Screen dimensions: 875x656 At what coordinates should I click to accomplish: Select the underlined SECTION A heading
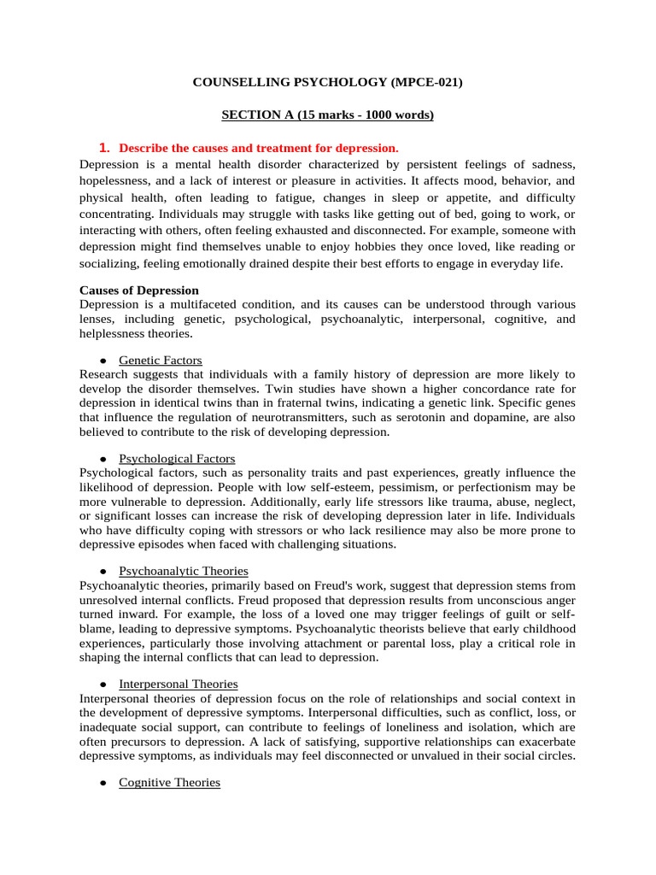tap(328, 115)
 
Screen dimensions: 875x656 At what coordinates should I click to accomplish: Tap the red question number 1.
tap(106, 147)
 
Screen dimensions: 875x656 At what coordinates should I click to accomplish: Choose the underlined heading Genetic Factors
tap(161, 360)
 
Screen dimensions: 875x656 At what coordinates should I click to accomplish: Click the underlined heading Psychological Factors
tap(177, 459)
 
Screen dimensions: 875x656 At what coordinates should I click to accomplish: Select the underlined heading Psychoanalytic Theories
tap(184, 571)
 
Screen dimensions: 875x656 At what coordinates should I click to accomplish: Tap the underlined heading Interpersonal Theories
tap(179, 684)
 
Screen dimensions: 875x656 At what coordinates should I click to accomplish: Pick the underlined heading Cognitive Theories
tap(170, 782)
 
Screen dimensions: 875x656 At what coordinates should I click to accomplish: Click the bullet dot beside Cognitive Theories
tap(102, 783)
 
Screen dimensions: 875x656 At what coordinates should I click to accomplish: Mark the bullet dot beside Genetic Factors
tap(102, 361)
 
